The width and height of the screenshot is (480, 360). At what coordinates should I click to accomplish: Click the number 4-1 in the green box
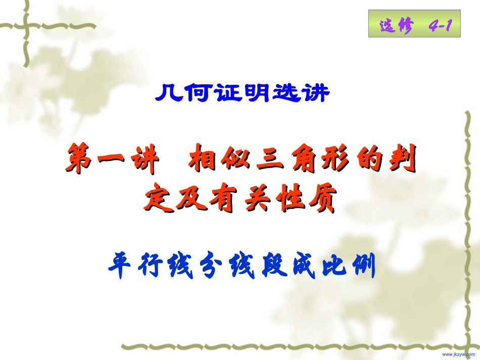(439, 26)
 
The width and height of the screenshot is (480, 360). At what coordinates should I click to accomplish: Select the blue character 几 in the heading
(168, 93)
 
